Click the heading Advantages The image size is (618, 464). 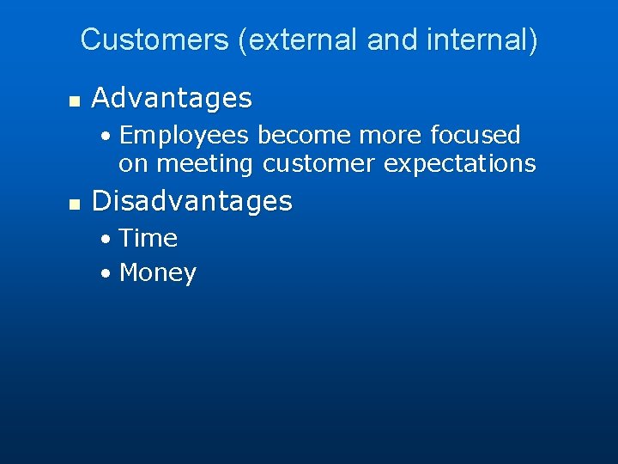172,99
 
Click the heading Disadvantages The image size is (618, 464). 191,201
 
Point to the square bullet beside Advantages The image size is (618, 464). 74,101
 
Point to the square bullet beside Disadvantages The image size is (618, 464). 74,204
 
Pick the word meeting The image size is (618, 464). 206,163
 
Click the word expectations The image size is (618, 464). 460,163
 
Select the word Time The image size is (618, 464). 148,238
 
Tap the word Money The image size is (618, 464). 158,273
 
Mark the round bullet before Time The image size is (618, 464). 105,239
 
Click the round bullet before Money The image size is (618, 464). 105,274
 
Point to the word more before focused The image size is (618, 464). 384,136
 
